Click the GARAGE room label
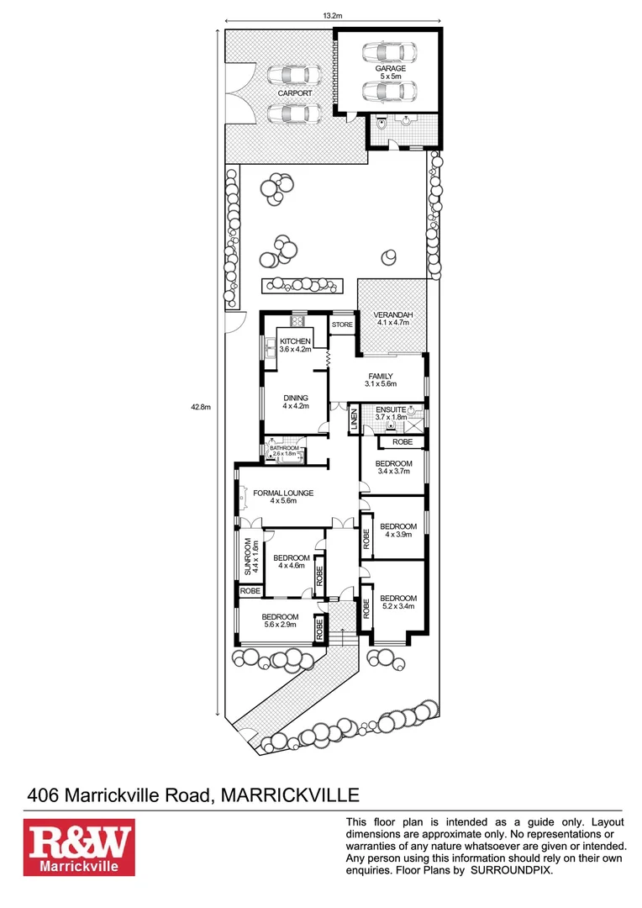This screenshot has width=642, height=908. coord(391,69)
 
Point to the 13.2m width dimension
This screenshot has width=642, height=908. coord(334,14)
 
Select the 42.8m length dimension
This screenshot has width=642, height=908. coord(200,407)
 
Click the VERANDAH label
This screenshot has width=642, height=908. coord(392,315)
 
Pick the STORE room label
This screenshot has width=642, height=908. coord(341,325)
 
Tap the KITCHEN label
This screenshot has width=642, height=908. coord(295,340)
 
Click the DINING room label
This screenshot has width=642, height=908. coord(296,399)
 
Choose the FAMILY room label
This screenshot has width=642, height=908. coord(380,377)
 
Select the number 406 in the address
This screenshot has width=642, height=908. coord(44,794)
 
